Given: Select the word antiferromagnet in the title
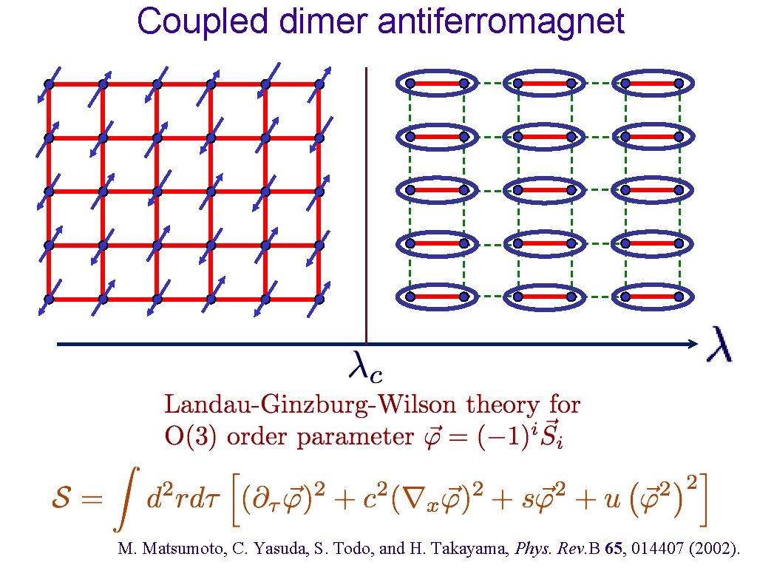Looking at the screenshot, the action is pos(501,21).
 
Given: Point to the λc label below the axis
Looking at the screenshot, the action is pos(365,366).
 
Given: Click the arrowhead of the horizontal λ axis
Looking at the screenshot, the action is pos(692,344).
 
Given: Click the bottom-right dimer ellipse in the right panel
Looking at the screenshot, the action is pos(653,297).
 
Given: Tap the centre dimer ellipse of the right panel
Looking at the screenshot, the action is pos(545,190).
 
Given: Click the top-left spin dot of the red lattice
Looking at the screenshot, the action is pos(49,84).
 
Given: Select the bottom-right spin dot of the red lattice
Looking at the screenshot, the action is pos(319,300).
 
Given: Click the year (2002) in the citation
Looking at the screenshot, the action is pos(718,550).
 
